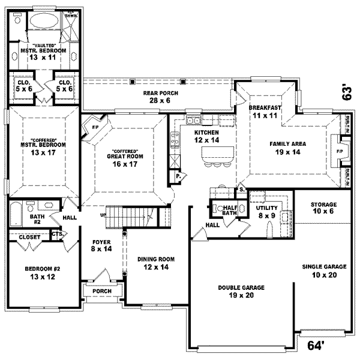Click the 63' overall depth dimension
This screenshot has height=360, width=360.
click(346, 92)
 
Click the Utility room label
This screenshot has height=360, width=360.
click(265, 209)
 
